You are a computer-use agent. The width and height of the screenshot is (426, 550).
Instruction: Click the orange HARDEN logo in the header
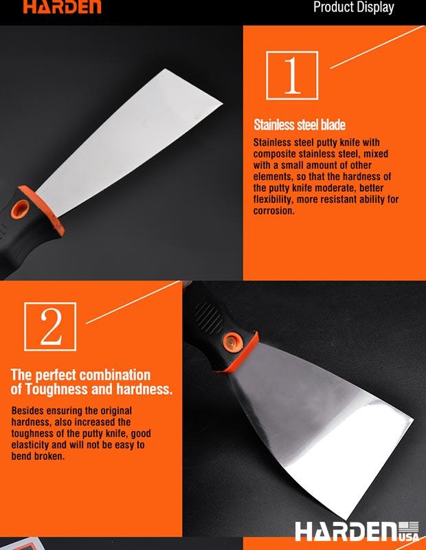[63, 6]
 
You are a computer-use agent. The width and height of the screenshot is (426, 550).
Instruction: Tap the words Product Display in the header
[353, 8]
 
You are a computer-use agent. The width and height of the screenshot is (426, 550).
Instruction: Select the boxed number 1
[292, 76]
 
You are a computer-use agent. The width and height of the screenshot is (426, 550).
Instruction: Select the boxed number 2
[50, 327]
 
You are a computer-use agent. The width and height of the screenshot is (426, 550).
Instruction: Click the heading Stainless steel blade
[300, 125]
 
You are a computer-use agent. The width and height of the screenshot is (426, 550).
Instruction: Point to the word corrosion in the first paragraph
[274, 211]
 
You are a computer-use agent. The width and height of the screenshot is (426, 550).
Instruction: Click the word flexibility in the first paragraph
[272, 199]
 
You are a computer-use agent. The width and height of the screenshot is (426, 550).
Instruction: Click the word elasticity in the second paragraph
[30, 445]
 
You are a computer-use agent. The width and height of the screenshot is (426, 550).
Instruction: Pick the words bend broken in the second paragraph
[38, 456]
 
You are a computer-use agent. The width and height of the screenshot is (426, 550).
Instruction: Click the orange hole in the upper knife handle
[21, 209]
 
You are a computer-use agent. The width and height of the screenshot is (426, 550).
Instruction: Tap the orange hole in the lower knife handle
[232, 342]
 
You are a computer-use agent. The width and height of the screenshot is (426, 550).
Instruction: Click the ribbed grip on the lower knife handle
[208, 318]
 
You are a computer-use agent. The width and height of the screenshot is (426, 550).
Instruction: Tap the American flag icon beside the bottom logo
[409, 527]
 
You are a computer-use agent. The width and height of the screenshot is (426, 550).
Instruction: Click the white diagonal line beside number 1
[377, 47]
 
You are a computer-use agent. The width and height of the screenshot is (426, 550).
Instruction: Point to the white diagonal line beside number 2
[133, 302]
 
